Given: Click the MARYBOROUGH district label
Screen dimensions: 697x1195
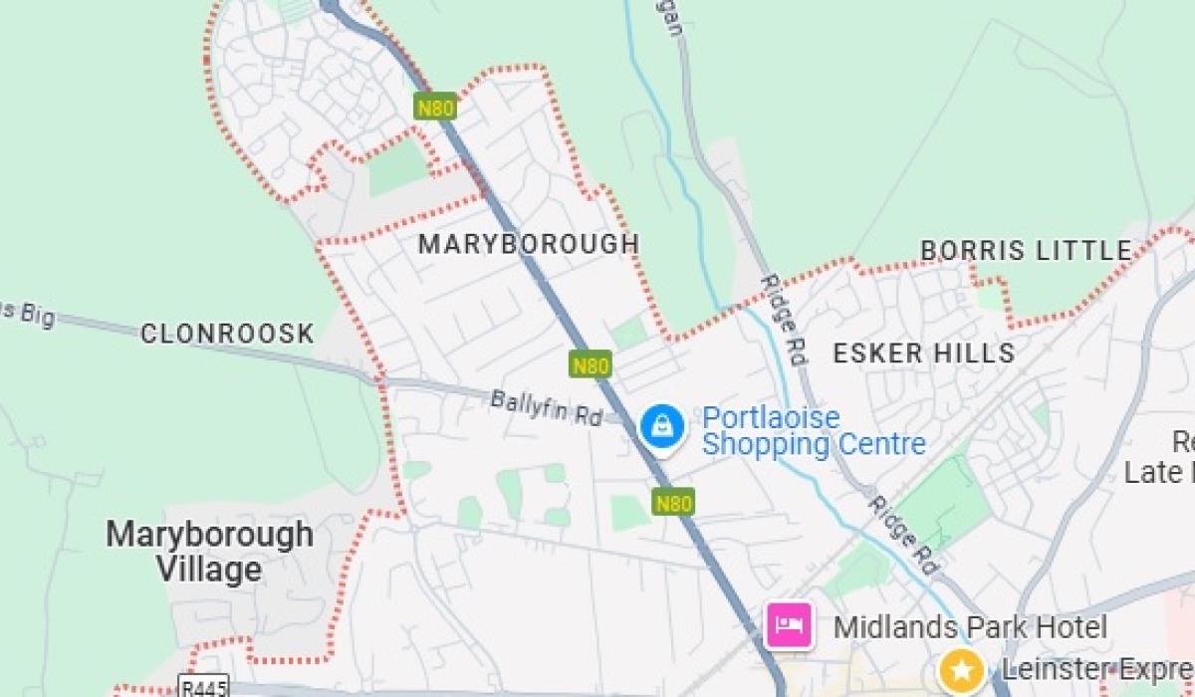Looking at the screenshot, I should [x=528, y=244].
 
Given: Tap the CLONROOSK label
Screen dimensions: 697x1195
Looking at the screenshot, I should [x=227, y=334].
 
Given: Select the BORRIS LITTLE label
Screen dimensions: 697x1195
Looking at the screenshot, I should [x=1026, y=251].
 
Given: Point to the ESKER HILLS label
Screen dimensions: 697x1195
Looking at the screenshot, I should [x=923, y=352].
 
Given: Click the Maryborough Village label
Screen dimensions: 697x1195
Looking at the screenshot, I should [x=209, y=552].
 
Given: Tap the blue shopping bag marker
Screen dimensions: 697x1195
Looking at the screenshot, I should [x=661, y=428].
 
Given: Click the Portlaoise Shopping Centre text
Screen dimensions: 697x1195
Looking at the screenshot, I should [x=813, y=430].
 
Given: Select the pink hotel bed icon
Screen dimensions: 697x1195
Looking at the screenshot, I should [x=789, y=626].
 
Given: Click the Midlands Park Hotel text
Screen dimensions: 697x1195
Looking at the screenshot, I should [x=969, y=627].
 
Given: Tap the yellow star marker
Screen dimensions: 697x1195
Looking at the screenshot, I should [x=961, y=669].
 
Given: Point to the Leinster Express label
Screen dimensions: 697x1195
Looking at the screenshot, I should [x=1095, y=669].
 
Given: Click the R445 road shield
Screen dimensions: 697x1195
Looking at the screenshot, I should [x=203, y=687].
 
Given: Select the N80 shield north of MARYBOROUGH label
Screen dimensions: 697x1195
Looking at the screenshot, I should [x=435, y=107].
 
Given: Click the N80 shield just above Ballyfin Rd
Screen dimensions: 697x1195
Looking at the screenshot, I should [x=590, y=365].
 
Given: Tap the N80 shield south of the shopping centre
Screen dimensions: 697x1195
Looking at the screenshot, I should [x=673, y=503].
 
